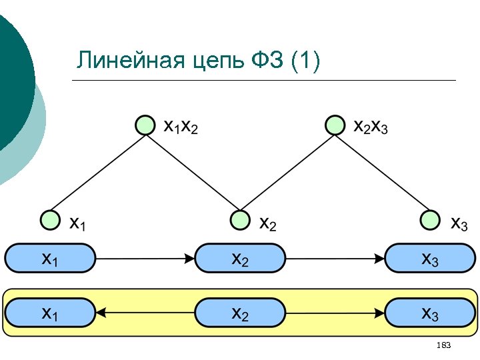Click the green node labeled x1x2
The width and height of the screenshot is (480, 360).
pos(145,125)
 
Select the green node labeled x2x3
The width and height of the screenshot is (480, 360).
pos(334,125)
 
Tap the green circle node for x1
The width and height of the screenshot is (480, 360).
pos(50,219)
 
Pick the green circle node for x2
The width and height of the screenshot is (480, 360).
pos(239,219)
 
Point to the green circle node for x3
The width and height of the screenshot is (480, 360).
pos(430,219)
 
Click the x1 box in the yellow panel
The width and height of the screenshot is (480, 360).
pos(50,312)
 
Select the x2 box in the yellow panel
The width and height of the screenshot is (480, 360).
pos(240,312)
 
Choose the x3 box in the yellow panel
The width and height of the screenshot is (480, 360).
pos(430,312)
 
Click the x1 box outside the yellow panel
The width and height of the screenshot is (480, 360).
pos(50,258)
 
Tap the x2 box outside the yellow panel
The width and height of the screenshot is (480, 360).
pos(240,258)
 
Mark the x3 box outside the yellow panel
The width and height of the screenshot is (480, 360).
pos(430,258)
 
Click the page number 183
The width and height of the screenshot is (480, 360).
pos(443,345)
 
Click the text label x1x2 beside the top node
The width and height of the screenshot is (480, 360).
pos(181,126)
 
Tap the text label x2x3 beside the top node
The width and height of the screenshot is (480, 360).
pos(370,126)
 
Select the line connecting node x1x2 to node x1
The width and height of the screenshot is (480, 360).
pos(97,172)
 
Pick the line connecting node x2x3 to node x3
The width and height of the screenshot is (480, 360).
pos(382,172)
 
